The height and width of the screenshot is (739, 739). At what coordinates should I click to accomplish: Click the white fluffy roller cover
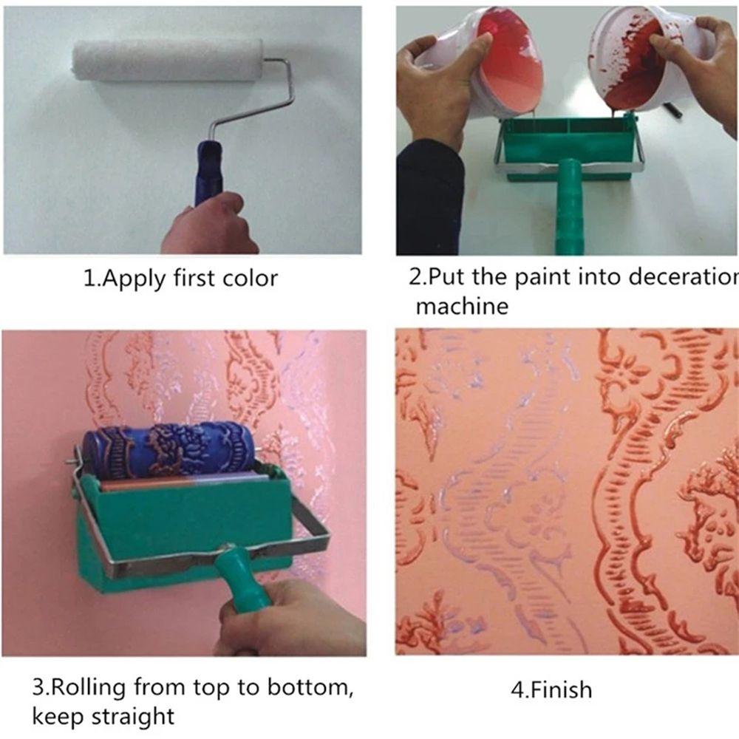tap(167, 60)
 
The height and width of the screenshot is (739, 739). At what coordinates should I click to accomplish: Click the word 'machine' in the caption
tap(462, 305)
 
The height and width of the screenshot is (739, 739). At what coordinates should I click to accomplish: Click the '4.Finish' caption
tap(551, 690)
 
